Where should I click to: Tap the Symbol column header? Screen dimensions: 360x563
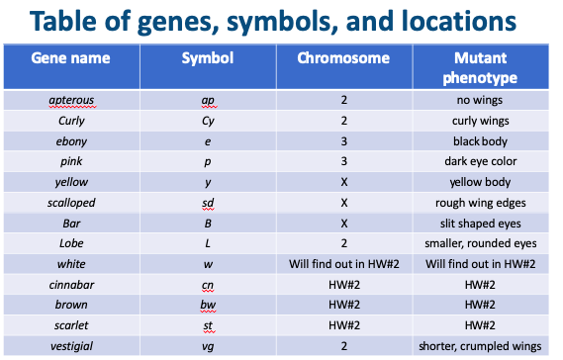[208, 58]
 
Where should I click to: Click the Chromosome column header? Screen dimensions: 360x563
[343, 58]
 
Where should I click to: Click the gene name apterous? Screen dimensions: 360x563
[70, 100]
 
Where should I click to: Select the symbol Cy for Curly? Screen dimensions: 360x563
[208, 121]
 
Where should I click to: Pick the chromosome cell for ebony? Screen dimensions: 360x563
[343, 140]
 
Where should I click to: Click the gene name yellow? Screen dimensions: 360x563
[70, 182]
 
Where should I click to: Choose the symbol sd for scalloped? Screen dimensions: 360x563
[208, 203]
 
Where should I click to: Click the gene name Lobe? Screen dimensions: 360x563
[70, 243]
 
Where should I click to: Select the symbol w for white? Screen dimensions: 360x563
[208, 264]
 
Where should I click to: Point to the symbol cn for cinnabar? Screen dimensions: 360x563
[208, 285]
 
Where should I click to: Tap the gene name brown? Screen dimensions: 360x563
[70, 305]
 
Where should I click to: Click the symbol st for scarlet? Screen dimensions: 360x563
[208, 325]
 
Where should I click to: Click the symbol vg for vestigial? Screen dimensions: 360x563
[208, 346]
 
